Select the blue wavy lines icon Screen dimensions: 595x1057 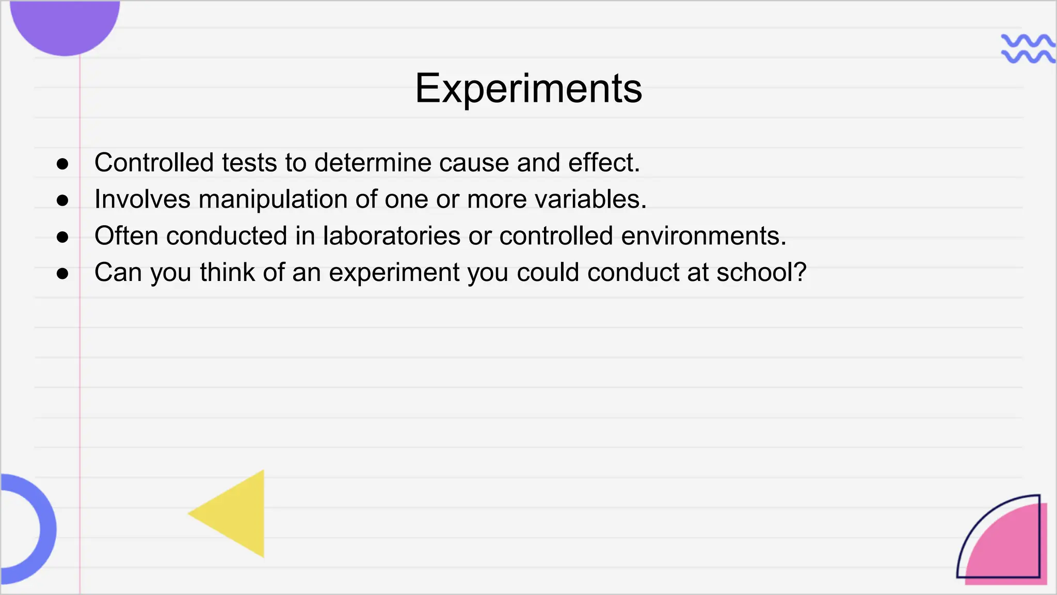pos(1027,49)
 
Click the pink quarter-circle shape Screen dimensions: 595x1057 pos(1012,547)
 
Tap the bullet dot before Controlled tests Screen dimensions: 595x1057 pos(62,164)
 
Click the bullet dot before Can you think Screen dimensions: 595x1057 pos(62,274)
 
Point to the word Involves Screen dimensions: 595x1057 pos(142,199)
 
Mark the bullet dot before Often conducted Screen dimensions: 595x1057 pos(62,237)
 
